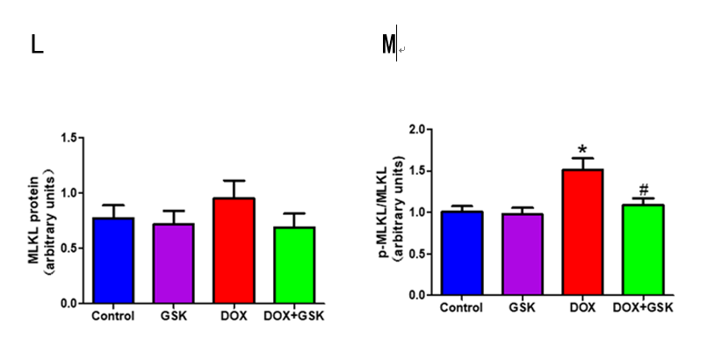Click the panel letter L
click(x=37, y=46)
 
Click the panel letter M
click(x=388, y=45)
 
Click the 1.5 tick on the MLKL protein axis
click(x=69, y=138)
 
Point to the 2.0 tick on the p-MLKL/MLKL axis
click(x=419, y=129)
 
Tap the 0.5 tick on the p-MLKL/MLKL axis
click(x=419, y=254)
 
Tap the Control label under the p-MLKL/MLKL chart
click(x=462, y=307)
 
